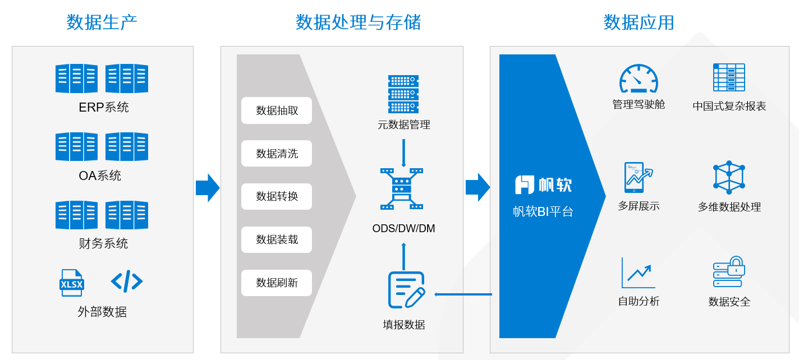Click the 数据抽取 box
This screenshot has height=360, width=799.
click(x=277, y=110)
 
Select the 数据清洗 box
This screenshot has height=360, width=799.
click(x=277, y=154)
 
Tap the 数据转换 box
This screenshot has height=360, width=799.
click(x=277, y=197)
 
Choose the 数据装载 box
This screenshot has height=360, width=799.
click(x=277, y=240)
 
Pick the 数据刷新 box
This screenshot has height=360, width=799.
click(x=277, y=283)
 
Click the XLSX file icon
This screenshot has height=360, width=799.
click(x=72, y=283)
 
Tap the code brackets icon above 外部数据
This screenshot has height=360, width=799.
click(x=127, y=281)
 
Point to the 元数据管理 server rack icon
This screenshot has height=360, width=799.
click(x=403, y=94)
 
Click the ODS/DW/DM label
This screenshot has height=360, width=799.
click(x=403, y=229)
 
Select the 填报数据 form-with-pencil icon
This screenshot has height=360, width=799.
click(x=406, y=290)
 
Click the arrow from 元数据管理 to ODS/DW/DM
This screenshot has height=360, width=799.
click(x=403, y=153)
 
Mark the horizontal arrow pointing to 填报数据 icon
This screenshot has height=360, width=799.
click(x=463, y=294)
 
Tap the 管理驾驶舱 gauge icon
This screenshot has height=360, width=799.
click(x=639, y=79)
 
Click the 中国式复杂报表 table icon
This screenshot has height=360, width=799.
click(x=729, y=77)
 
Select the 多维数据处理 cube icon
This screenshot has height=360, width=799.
click(x=729, y=177)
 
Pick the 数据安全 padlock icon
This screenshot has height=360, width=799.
click(x=729, y=272)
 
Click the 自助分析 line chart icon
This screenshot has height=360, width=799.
click(x=639, y=273)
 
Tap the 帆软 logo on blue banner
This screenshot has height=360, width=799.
click(x=543, y=184)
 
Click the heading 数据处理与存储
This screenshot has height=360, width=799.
click(x=358, y=22)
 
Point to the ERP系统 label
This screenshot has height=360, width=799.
click(x=104, y=107)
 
